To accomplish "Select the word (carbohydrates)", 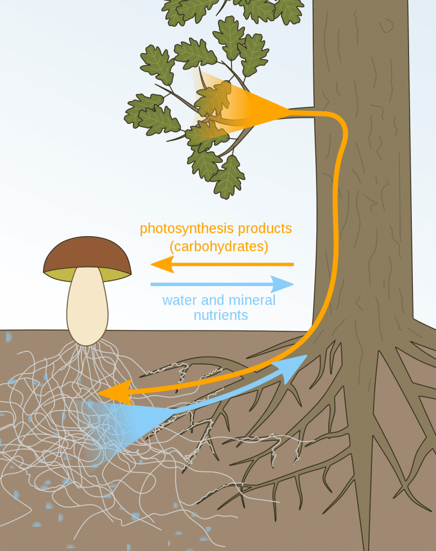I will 219,247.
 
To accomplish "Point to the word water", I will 180,300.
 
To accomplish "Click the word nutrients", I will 221,315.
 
